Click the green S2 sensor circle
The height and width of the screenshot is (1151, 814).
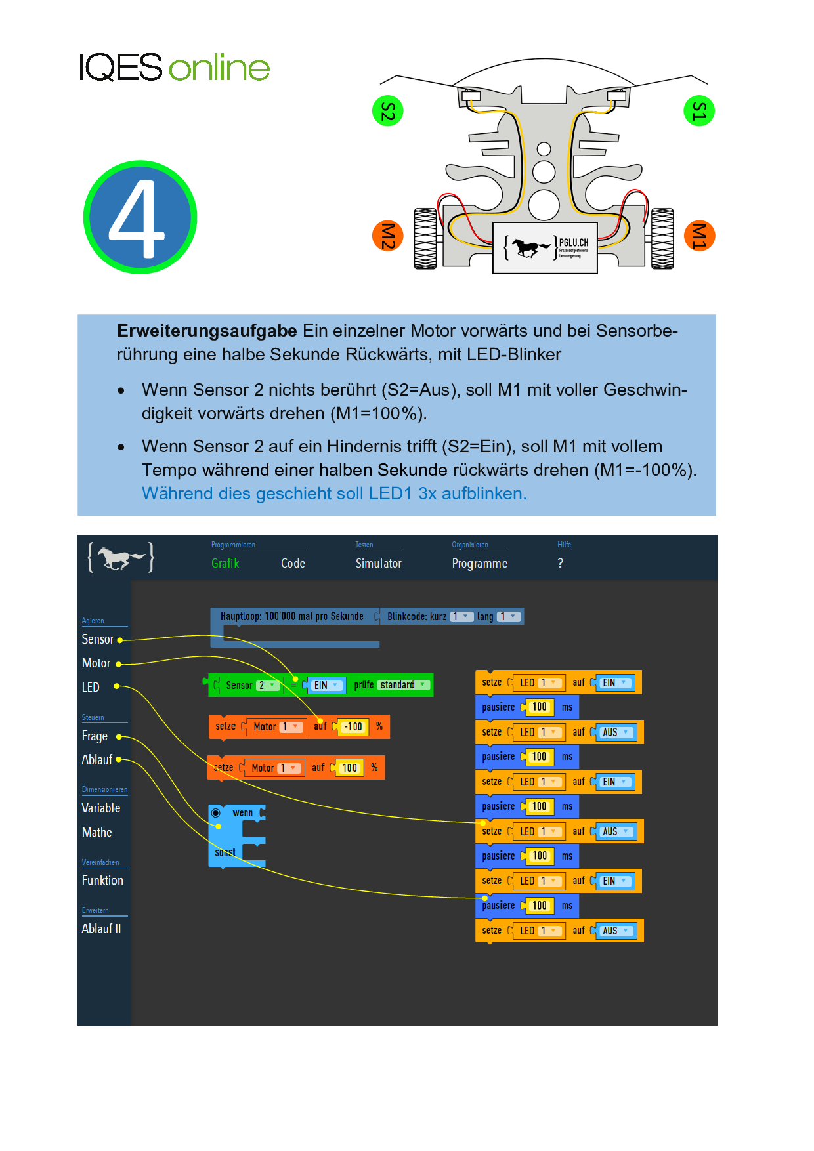click(x=387, y=111)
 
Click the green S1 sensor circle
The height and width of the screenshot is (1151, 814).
click(x=698, y=111)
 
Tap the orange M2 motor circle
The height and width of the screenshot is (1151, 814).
click(x=387, y=236)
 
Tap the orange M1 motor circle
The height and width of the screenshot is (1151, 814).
click(x=698, y=236)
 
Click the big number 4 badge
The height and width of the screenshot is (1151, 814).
click(x=140, y=217)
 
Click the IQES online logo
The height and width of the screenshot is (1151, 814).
click(x=174, y=68)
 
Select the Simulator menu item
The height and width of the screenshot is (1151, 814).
click(x=378, y=564)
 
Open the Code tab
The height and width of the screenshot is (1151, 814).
click(x=293, y=564)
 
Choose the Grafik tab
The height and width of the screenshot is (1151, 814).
click(x=225, y=564)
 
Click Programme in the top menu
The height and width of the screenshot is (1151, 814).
click(x=479, y=564)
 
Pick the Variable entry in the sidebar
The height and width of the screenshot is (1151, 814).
click(x=101, y=808)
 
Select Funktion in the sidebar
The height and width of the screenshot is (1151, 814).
click(x=102, y=881)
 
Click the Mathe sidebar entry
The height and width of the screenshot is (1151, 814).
click(x=97, y=833)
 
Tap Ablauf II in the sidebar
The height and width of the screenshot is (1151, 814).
click(x=101, y=929)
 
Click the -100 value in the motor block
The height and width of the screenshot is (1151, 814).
click(x=353, y=727)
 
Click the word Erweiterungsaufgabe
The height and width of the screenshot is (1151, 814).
click(x=207, y=331)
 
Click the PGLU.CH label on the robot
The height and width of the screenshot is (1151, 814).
click(x=574, y=243)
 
